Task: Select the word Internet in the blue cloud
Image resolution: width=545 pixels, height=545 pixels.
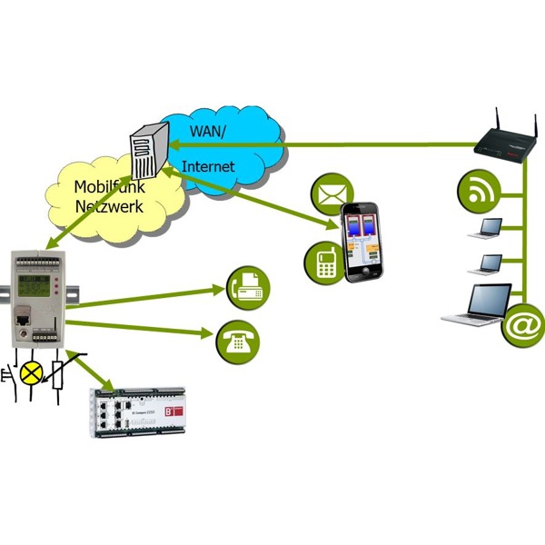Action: (208, 166)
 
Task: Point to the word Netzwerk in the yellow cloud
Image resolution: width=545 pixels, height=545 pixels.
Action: (109, 205)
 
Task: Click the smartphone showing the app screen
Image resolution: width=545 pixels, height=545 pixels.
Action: (363, 242)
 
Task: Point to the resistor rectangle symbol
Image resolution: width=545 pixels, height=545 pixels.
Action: (61, 373)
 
